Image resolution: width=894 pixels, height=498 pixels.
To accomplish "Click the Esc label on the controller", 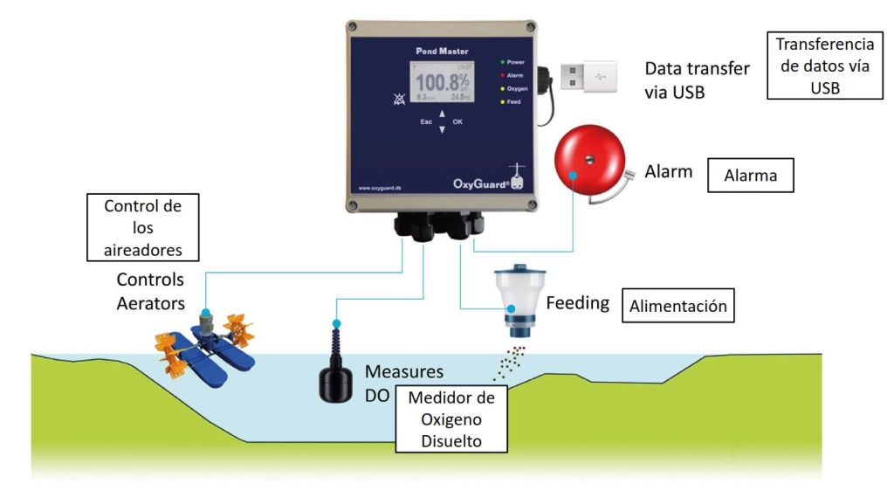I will pyautogui.click(x=426, y=122).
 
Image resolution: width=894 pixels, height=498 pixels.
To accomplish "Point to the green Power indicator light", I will pyautogui.click(x=502, y=63).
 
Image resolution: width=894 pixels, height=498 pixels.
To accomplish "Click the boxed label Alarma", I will pyautogui.click(x=750, y=175).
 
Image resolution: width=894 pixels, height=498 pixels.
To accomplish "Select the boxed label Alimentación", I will pyautogui.click(x=679, y=307).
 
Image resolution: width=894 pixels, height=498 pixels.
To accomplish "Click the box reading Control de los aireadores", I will pyautogui.click(x=142, y=227).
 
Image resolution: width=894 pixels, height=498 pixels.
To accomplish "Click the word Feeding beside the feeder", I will pyautogui.click(x=577, y=303).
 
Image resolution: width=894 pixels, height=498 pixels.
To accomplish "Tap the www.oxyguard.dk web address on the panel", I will pyautogui.click(x=379, y=187).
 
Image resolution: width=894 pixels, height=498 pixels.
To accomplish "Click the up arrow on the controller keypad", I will pyautogui.click(x=442, y=114).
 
